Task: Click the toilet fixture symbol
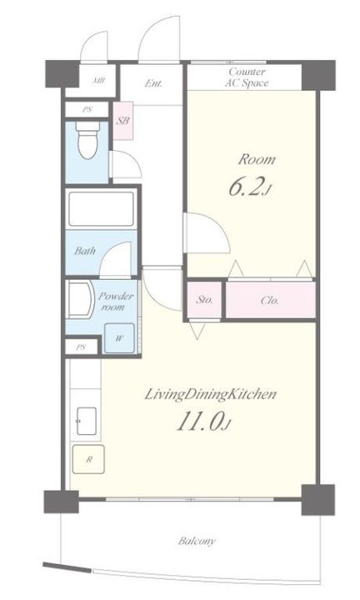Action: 87,140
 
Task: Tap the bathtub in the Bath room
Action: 101,209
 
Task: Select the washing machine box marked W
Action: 119,338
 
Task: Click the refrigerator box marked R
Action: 88,459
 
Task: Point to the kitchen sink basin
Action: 87,421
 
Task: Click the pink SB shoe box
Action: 123,121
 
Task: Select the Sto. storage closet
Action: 204,300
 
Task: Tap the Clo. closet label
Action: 270,300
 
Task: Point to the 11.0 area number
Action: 203,422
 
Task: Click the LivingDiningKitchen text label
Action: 210,394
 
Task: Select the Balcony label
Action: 197,541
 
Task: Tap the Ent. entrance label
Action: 153,83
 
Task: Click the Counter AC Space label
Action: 247,77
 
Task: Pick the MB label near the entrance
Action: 98,81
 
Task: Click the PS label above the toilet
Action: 87,109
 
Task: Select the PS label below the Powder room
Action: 81,347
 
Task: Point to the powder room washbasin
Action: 81,299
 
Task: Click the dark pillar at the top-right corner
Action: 318,75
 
